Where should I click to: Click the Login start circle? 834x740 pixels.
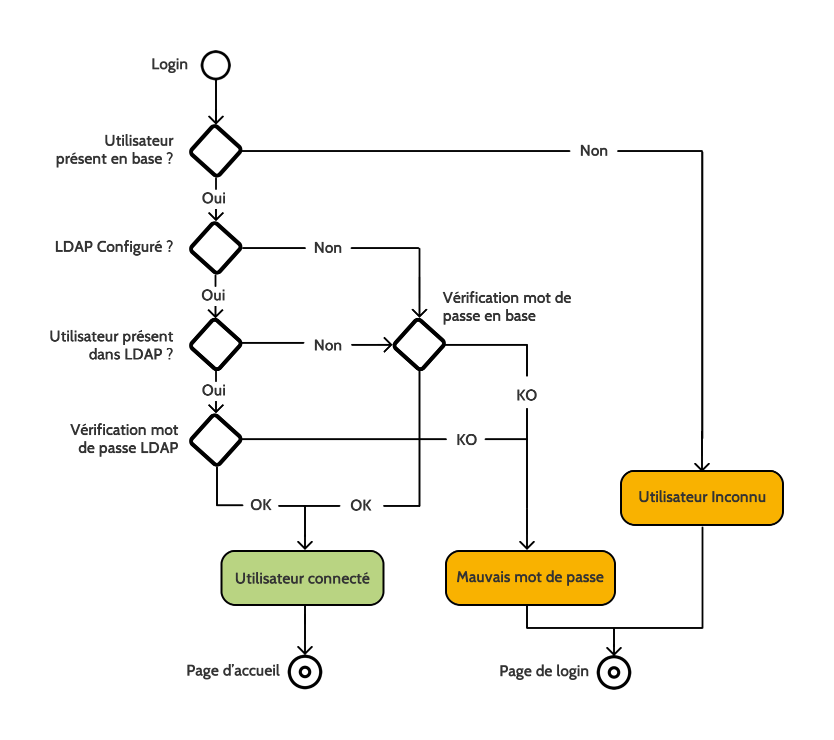(215, 65)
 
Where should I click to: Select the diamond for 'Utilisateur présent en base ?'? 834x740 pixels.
(215, 151)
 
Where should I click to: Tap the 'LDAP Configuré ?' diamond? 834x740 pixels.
(215, 248)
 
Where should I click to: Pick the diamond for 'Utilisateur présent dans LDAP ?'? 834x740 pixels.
(215, 344)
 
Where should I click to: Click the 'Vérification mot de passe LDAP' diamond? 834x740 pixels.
(215, 439)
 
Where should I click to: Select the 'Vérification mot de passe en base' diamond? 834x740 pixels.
(419, 344)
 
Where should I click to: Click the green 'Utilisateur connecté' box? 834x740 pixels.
(302, 578)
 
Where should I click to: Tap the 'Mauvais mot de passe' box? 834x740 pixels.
(530, 577)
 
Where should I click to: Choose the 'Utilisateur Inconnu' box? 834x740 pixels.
(701, 497)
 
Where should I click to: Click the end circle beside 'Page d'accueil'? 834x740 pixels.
(304, 671)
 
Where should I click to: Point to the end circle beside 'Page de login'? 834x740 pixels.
(613, 672)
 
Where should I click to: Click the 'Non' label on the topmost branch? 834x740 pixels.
(593, 151)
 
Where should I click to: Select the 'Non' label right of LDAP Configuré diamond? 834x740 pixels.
(327, 248)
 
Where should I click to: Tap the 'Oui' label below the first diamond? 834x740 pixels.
(213, 198)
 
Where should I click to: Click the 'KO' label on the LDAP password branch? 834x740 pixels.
(466, 440)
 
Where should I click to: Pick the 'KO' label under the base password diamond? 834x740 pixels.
(526, 395)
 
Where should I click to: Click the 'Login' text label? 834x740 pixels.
(169, 65)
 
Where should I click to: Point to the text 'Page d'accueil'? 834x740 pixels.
(232, 670)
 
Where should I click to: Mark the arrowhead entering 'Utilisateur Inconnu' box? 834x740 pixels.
(702, 467)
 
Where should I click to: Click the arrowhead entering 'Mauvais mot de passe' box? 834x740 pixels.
(527, 545)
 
